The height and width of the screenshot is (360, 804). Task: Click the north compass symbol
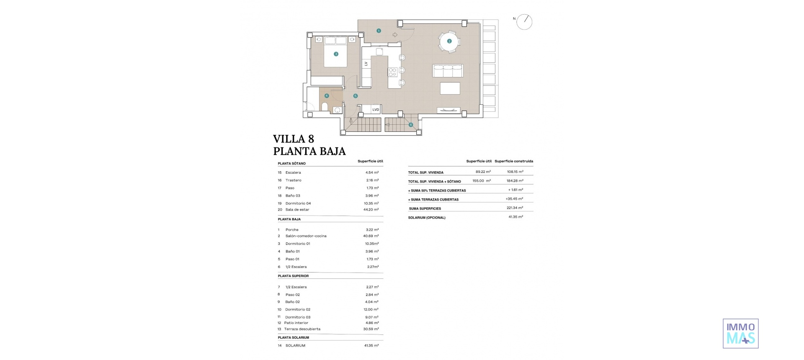pyautogui.click(x=524, y=22)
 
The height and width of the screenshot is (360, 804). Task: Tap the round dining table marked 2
pyautogui.click(x=449, y=41)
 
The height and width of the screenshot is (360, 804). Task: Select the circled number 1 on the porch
pyautogui.click(x=379, y=31)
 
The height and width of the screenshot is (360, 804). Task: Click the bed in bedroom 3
pyautogui.click(x=335, y=52)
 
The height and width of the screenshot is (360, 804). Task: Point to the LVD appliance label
pyautogui.click(x=376, y=110)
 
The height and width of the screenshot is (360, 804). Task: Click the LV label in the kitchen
pyautogui.click(x=366, y=64)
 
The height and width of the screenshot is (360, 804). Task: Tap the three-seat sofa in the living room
pyautogui.click(x=448, y=71)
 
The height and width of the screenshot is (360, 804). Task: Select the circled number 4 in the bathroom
pyautogui.click(x=327, y=96)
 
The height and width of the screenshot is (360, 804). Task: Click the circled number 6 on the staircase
pyautogui.click(x=411, y=125)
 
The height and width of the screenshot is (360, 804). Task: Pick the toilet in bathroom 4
pyautogui.click(x=325, y=107)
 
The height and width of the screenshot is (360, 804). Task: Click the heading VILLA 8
pyautogui.click(x=294, y=139)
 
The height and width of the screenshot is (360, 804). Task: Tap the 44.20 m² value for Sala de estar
pyautogui.click(x=371, y=210)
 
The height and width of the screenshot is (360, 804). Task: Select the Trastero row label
pyautogui.click(x=293, y=180)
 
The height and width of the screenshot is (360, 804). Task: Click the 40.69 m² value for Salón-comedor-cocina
pyautogui.click(x=371, y=236)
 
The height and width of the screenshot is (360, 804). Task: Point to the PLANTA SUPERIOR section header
pyautogui.click(x=293, y=276)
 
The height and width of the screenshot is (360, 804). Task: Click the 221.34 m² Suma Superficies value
pyautogui.click(x=515, y=208)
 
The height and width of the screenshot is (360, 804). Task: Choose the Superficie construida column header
pyautogui.click(x=514, y=161)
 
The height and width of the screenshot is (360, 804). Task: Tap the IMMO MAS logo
pyautogui.click(x=740, y=333)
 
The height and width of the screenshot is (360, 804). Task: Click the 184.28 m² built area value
pyautogui.click(x=515, y=181)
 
